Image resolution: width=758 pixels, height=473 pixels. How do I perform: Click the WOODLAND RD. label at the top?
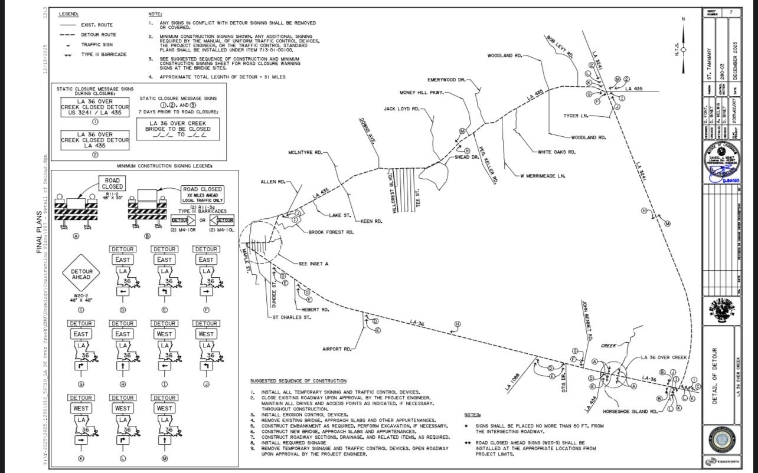tap(505, 55)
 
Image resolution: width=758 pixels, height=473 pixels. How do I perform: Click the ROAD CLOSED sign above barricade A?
tap(112, 183)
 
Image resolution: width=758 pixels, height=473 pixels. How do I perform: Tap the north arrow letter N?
tap(684, 19)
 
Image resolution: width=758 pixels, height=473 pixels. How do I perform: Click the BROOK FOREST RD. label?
tap(331, 232)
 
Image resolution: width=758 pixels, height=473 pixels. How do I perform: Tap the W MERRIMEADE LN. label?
tap(543, 176)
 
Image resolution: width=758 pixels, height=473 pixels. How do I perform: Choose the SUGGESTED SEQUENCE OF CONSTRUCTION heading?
tap(298, 381)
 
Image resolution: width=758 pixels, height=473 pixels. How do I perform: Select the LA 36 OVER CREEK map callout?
tap(665, 357)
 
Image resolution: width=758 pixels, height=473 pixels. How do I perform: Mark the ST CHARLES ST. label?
tap(291, 317)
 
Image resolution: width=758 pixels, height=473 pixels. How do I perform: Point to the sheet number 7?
tap(730, 12)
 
